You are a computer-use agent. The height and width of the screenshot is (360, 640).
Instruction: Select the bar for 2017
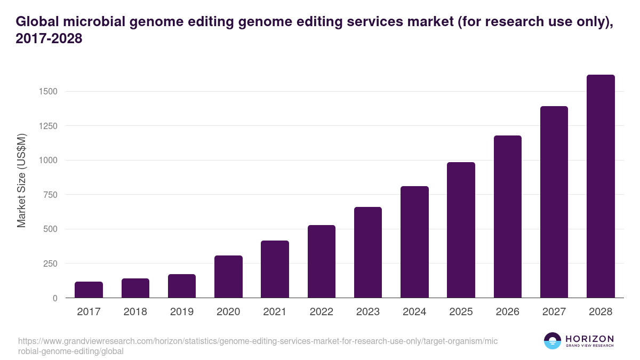pyautogui.click(x=89, y=290)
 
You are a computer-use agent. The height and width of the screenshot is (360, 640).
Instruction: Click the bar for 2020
pyautogui.click(x=228, y=277)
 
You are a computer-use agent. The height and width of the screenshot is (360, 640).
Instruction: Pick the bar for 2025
pyautogui.click(x=461, y=230)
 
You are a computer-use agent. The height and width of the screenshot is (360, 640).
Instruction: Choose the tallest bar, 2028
pyautogui.click(x=601, y=186)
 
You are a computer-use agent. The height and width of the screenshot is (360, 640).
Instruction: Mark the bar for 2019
pyautogui.click(x=182, y=286)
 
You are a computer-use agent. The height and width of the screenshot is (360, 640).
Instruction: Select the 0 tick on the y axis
pyautogui.click(x=54, y=298)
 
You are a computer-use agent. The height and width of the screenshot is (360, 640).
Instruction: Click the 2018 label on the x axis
pyautogui.click(x=135, y=311)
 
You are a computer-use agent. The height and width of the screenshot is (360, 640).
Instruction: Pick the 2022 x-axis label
pyautogui.click(x=322, y=311)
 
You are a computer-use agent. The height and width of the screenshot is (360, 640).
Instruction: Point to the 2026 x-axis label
pyautogui.click(x=507, y=311)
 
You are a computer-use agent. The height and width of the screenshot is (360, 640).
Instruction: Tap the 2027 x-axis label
pyautogui.click(x=554, y=311)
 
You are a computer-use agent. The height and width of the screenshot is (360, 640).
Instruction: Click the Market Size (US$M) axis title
pyautogui.click(x=22, y=181)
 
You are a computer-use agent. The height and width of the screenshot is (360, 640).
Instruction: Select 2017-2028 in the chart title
pyautogui.click(x=49, y=39)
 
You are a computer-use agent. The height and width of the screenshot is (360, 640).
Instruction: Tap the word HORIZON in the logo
pyautogui.click(x=589, y=339)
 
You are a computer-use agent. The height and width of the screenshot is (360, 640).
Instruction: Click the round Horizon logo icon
pyautogui.click(x=553, y=341)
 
